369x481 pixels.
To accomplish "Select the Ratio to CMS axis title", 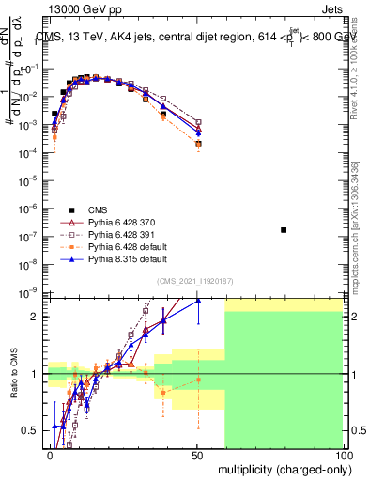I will [11, 385].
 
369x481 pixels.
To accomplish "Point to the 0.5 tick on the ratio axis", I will [31, 430].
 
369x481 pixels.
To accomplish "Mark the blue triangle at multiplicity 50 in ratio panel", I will [198, 302].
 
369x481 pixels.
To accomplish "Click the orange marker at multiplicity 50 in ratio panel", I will [198, 380].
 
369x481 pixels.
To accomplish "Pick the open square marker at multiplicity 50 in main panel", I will [198, 121].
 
